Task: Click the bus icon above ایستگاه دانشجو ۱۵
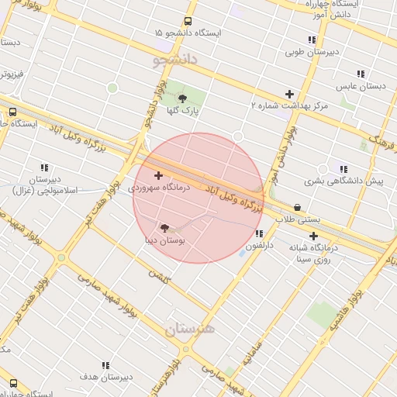[188, 22]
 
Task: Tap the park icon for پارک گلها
[182, 98]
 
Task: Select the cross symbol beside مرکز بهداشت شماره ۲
[289, 94]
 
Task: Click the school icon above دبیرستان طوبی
[312, 40]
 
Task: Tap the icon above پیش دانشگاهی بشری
[343, 169]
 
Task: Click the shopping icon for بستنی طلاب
[299, 207]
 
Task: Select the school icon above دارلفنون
[258, 233]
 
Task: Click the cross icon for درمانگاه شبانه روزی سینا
[313, 236]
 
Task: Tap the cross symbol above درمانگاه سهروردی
[159, 176]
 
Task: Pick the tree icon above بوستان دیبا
[164, 228]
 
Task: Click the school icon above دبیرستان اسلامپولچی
[44, 167]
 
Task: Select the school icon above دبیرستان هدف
[105, 365]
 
